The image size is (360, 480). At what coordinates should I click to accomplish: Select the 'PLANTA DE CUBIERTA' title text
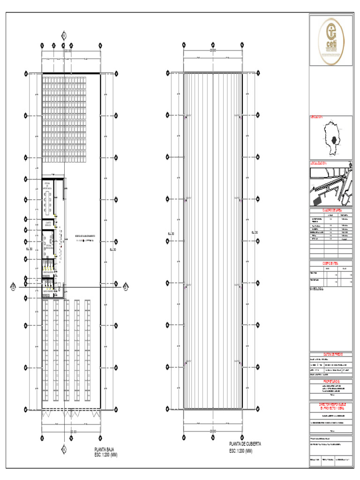pos(245,443)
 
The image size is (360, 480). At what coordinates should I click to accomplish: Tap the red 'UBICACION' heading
pos(317,117)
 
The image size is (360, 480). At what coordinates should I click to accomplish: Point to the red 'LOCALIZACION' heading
pos(320,164)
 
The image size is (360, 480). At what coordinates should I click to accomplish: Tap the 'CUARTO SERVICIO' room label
pos(48,224)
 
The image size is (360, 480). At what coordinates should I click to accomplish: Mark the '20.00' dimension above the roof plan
pos(213,50)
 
